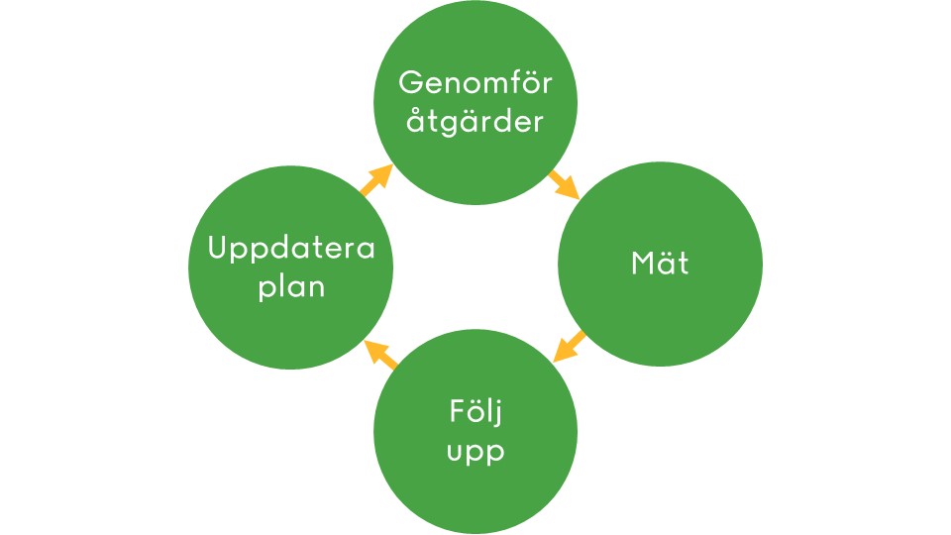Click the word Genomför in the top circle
(x=475, y=84)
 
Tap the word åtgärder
(x=475, y=123)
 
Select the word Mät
(x=660, y=264)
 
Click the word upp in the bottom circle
(x=475, y=453)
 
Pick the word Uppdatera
(x=291, y=250)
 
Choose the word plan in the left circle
(x=291, y=287)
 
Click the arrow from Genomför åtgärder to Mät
(x=564, y=185)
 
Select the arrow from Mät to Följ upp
(x=569, y=347)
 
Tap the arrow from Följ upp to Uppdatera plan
(x=381, y=353)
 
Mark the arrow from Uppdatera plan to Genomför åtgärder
(x=376, y=179)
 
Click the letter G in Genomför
(x=409, y=83)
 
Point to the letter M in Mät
(x=642, y=264)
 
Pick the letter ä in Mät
(x=666, y=264)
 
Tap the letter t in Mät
(x=683, y=265)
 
